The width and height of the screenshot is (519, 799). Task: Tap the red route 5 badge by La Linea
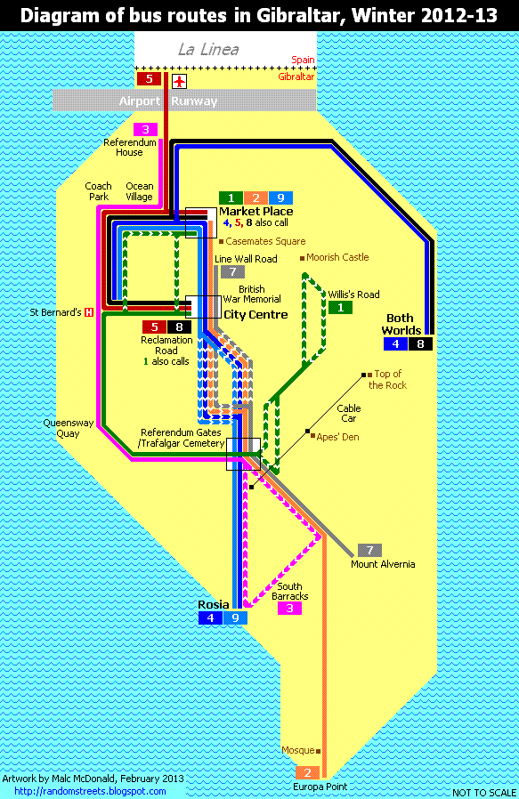(149, 78)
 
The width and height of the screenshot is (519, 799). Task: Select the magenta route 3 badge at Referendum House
(146, 129)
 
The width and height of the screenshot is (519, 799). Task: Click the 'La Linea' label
(208, 50)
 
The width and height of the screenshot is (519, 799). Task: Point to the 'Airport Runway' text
(168, 101)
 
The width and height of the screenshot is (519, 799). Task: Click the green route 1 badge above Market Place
(230, 198)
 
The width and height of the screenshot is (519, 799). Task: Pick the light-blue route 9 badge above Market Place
(280, 198)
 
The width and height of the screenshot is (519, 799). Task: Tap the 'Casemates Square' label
(264, 241)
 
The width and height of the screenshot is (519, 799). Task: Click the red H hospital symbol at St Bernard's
(89, 312)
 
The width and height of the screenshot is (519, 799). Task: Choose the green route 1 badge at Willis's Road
(340, 308)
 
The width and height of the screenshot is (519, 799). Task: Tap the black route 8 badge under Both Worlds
(421, 343)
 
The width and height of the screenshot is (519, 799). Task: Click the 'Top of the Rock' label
(388, 379)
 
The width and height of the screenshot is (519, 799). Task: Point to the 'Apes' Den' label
(337, 437)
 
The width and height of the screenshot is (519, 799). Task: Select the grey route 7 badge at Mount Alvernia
(369, 550)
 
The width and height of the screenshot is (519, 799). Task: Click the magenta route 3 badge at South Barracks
(289, 609)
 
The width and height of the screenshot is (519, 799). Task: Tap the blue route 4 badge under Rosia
(210, 617)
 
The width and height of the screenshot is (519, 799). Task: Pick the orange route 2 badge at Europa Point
(306, 772)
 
